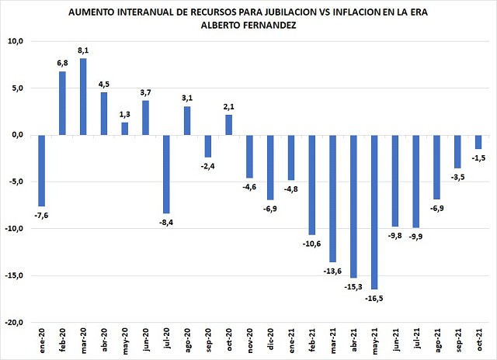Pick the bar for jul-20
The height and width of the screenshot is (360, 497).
166,175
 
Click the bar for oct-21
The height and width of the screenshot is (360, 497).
478,142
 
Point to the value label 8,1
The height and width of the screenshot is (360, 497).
84,52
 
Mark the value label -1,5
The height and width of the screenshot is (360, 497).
478,157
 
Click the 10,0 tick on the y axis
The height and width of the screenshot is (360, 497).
16,41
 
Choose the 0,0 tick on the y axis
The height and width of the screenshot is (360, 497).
18,135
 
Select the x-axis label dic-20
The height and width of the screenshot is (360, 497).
271,342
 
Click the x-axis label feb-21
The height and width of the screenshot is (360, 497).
312,342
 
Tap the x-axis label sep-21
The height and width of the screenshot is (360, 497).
458,342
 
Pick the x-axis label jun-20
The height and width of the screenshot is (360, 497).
146,342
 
